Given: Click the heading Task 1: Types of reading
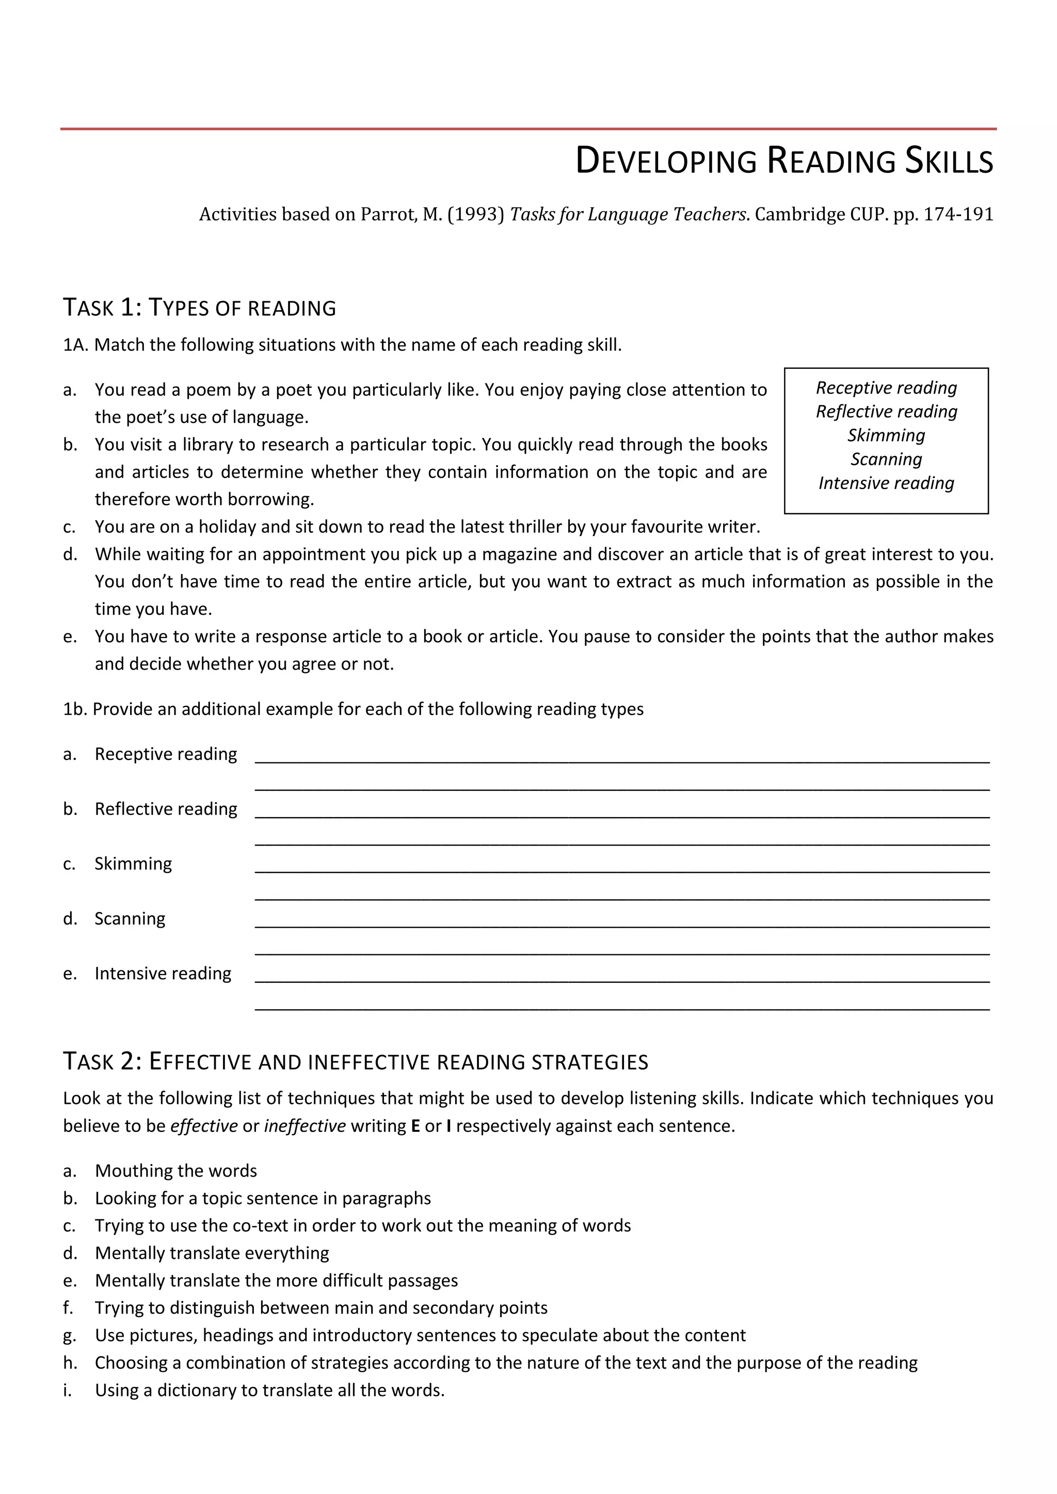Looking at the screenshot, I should [x=199, y=307].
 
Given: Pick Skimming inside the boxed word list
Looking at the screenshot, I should [x=886, y=435].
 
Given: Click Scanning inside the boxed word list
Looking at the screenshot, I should [x=886, y=459].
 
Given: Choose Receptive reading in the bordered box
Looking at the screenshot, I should [x=886, y=388].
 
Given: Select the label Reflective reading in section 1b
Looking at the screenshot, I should [x=166, y=809].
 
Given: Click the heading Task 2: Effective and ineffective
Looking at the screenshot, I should [x=356, y=1062].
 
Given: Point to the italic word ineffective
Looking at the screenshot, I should [x=305, y=1126].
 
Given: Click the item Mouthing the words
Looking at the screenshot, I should [x=175, y=1171].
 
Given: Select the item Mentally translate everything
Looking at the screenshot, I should [x=212, y=1253].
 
